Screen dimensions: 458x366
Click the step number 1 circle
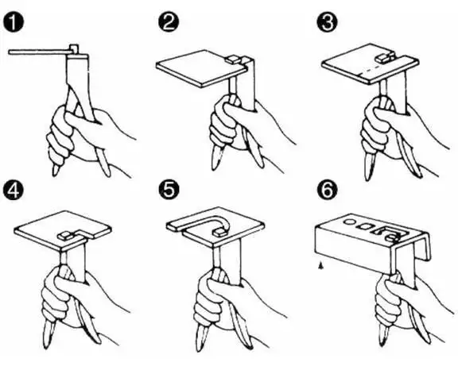pos(14,22)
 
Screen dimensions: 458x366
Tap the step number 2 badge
pos(169,22)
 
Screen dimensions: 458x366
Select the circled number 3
pos(327,22)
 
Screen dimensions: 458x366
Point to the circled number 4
pos(14,191)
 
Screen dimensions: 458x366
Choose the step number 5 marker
pos(169,190)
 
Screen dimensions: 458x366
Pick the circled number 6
pos(327,190)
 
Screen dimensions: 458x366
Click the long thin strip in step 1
pos(38,52)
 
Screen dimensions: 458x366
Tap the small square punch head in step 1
pos(73,48)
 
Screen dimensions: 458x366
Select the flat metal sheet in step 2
pos(202,69)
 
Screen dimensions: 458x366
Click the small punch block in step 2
pos(234,60)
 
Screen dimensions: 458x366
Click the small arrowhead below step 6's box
pos(321,265)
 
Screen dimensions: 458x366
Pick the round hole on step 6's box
pos(349,222)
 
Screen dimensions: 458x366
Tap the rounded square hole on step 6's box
pos(365,225)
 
